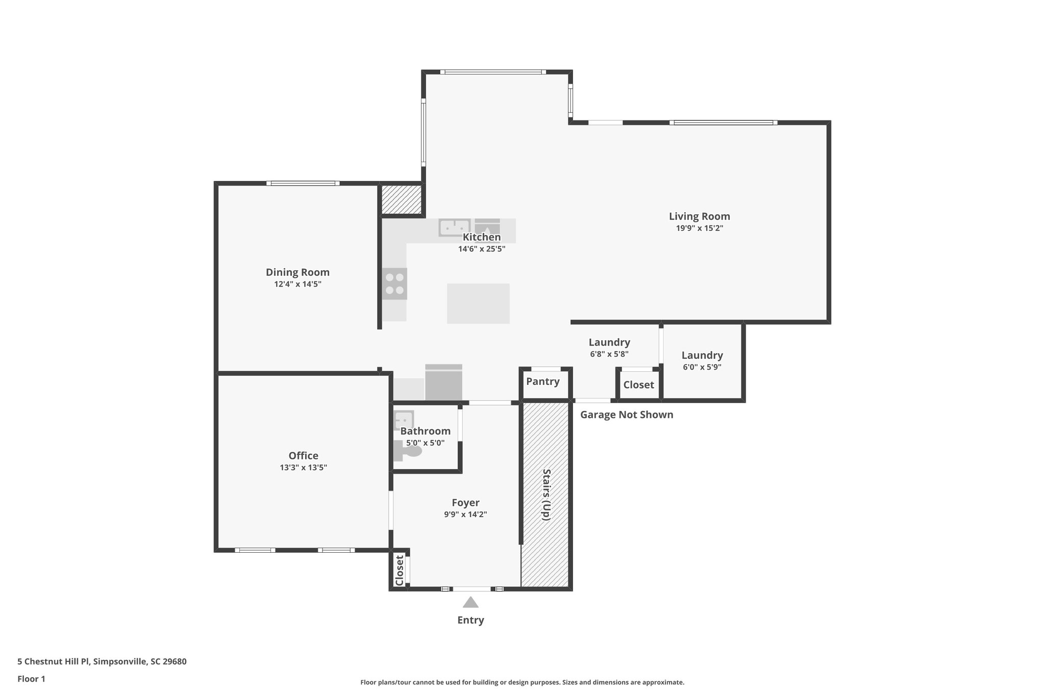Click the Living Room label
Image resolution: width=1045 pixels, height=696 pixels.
(699, 216)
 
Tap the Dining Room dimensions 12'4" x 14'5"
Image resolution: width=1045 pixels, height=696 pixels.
(297, 284)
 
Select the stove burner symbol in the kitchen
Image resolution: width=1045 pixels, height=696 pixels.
(395, 283)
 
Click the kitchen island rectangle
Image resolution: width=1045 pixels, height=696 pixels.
(478, 303)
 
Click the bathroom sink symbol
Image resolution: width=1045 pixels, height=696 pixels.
(404, 420)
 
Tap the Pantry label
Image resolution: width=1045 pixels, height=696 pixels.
(542, 381)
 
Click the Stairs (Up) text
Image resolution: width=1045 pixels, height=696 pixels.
(545, 494)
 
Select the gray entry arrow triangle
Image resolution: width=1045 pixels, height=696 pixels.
(470, 603)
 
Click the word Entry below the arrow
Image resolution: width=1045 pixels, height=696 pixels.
(470, 620)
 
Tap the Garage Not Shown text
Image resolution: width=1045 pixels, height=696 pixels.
(627, 415)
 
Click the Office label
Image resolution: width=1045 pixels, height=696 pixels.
(303, 456)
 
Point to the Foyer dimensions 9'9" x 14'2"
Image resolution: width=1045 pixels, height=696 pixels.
(465, 514)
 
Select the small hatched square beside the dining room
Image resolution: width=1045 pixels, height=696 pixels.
(402, 199)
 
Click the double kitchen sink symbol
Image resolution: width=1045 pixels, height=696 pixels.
(454, 227)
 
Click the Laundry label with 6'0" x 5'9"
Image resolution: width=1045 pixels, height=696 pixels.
(702, 355)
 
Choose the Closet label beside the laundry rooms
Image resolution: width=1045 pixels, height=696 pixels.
(638, 385)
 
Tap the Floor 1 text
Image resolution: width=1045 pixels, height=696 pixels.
(31, 679)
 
